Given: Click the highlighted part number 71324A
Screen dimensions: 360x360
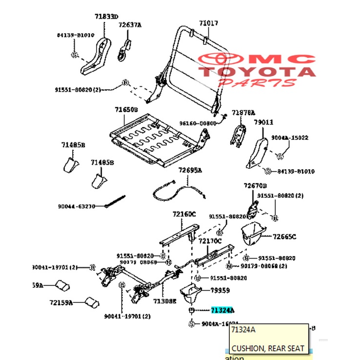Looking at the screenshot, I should click(222, 310).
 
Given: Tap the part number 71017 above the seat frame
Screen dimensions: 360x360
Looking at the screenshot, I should click(208, 23).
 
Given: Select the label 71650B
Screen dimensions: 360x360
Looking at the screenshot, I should click(126, 110).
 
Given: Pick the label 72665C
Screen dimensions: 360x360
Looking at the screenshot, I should click(284, 237).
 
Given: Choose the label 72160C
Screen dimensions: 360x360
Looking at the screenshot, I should click(184, 214).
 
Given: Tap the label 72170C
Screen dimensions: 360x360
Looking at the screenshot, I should click(210, 240).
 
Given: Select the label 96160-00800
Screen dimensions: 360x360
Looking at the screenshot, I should click(197, 123).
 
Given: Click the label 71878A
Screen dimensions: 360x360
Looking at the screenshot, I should click(243, 112).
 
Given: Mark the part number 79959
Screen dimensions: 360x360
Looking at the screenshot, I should click(220, 291).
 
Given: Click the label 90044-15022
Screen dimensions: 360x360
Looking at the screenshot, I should click(293, 138).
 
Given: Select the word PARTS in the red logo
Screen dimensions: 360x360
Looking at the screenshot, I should click(257, 83).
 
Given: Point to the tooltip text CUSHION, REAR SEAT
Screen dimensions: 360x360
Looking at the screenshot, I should click(268, 348).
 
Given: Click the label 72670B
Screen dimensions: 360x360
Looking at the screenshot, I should click(255, 186).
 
